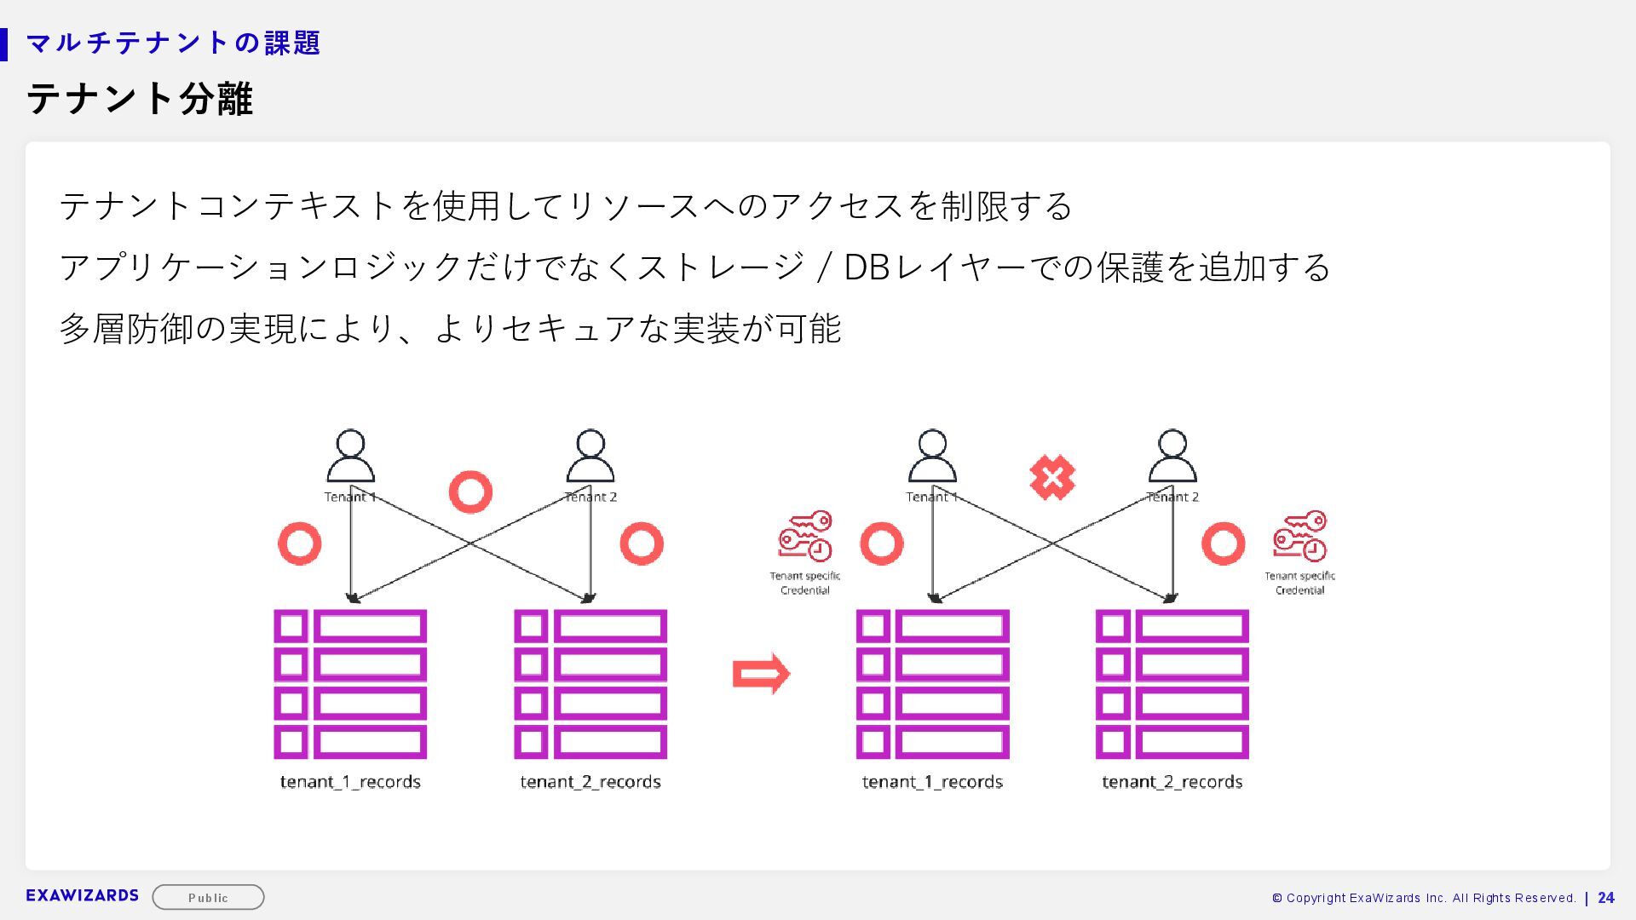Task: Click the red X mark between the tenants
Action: point(1051,477)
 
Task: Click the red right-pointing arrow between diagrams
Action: point(761,674)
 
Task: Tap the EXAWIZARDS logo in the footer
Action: point(82,895)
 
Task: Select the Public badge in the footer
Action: point(208,897)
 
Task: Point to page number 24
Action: point(1606,898)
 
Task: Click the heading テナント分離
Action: point(140,99)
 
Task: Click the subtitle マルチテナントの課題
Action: point(173,43)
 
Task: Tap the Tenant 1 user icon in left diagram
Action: point(350,456)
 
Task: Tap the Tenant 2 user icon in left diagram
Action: point(590,456)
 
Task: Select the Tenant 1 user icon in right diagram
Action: point(932,456)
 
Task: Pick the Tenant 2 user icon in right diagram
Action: point(1172,456)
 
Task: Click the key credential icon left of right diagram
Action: point(804,536)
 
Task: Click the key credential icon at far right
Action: point(1299,536)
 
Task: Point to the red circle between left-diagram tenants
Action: point(470,492)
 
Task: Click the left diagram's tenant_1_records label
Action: point(350,782)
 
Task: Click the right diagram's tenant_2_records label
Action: point(1172,782)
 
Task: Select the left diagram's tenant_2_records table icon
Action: point(590,684)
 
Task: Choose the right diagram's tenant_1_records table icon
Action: point(932,684)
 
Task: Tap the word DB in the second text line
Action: point(867,267)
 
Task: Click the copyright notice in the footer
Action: point(1423,898)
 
